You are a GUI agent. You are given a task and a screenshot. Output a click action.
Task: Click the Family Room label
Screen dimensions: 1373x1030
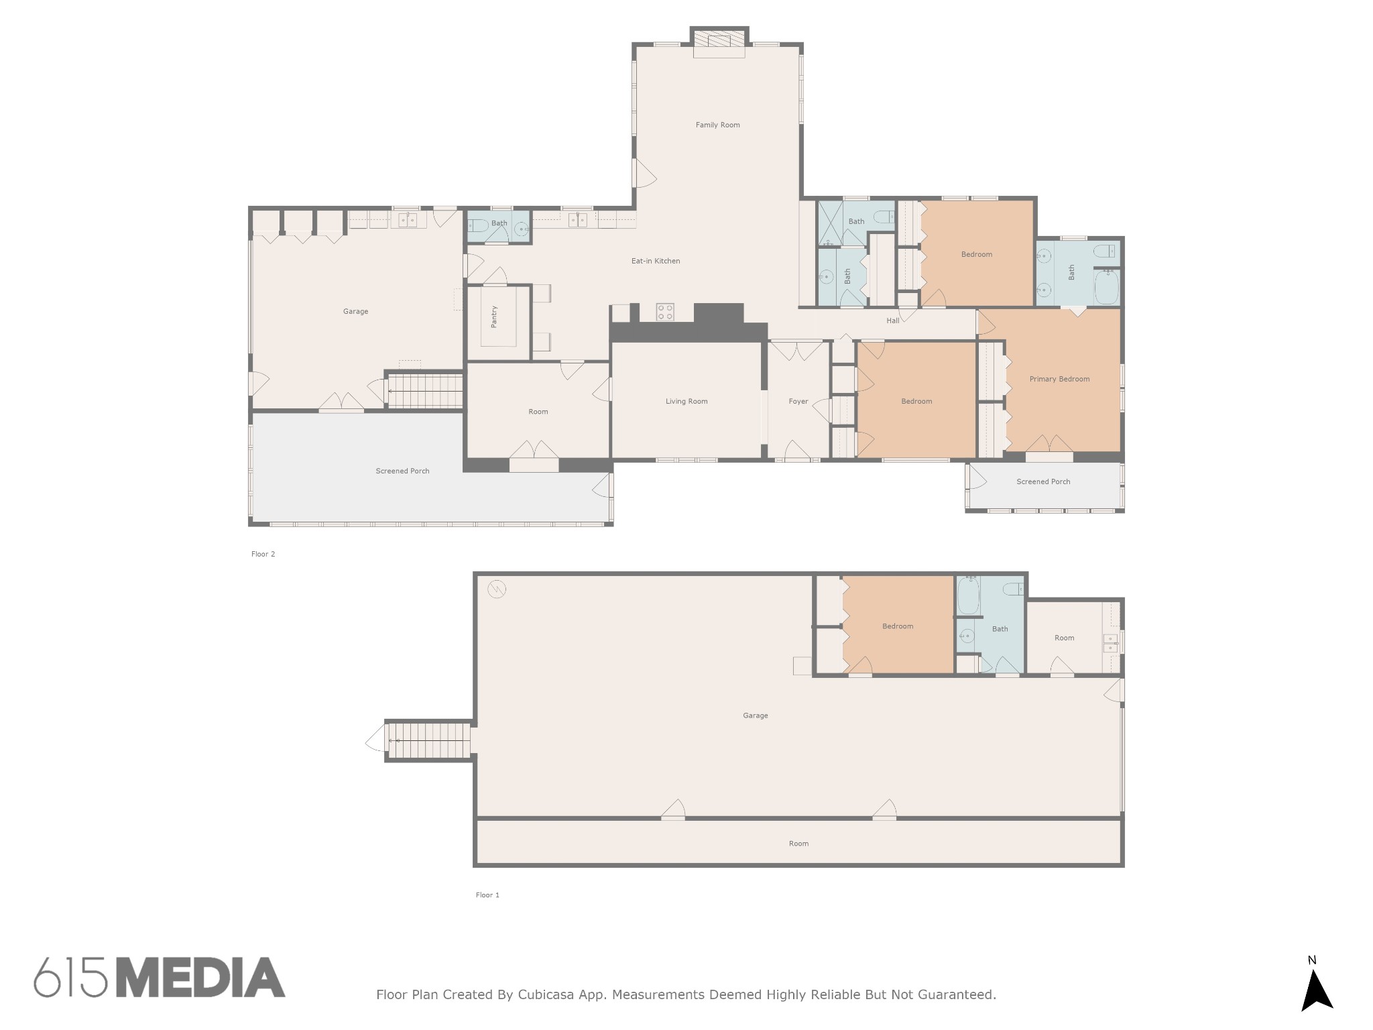coord(717,125)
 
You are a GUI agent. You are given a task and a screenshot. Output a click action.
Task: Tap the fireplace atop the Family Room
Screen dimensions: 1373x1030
coord(719,42)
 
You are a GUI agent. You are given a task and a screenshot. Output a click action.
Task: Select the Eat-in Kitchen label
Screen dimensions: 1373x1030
coord(656,261)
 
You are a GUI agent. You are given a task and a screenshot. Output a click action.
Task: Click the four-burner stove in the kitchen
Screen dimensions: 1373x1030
coord(665,312)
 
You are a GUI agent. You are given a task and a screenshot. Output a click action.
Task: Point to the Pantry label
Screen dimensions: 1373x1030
coord(494,317)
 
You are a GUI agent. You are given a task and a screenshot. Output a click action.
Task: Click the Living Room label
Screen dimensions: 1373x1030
coord(686,401)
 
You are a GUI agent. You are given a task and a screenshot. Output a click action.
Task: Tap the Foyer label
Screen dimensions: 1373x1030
coord(798,402)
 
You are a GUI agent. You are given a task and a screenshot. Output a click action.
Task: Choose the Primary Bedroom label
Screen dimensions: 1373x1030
coord(1059,379)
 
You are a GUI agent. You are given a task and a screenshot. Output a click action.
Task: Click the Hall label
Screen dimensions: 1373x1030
coord(893,321)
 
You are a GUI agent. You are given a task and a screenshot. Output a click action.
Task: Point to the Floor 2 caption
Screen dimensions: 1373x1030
coord(263,554)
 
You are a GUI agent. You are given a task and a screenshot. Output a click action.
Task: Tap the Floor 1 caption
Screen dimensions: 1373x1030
coord(487,895)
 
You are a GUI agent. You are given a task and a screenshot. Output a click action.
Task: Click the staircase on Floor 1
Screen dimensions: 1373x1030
coord(429,740)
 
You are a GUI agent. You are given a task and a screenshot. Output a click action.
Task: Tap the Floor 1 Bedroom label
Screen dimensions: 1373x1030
coord(898,626)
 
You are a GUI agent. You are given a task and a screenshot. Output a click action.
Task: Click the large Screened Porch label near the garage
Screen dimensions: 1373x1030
coord(402,471)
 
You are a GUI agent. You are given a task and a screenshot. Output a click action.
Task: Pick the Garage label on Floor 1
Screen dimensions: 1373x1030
coord(755,716)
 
